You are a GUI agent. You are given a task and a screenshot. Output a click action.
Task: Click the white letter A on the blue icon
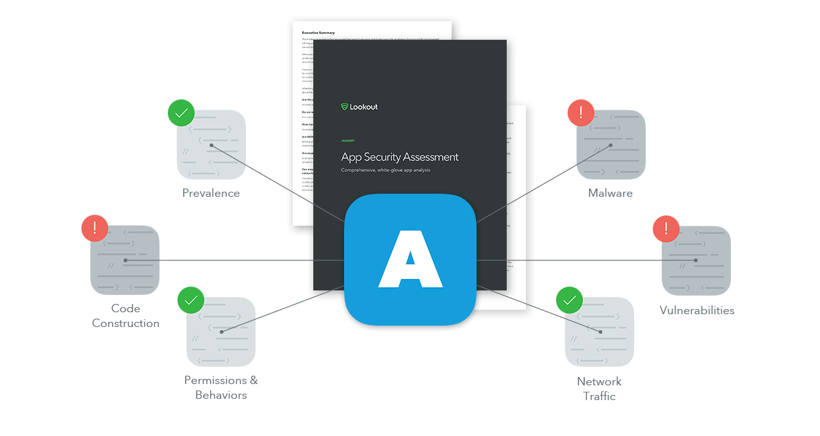tap(410, 259)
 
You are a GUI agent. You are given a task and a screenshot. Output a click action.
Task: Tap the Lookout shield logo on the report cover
tap(344, 107)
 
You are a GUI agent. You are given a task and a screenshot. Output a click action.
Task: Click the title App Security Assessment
tap(400, 157)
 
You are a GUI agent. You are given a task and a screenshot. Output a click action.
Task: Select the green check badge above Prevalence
tap(181, 113)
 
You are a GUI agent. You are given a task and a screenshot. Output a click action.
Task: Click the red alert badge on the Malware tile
tap(581, 113)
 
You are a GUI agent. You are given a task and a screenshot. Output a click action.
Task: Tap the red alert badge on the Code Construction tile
tap(95, 228)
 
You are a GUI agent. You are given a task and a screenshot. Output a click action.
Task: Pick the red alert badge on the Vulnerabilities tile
tap(666, 228)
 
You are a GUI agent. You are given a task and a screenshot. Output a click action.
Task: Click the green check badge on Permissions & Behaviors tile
tap(190, 300)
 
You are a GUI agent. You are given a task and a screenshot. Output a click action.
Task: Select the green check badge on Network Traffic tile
tap(570, 300)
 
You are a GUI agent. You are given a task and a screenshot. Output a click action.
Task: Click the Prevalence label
tap(211, 193)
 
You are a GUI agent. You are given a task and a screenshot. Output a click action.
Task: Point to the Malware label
tap(611, 193)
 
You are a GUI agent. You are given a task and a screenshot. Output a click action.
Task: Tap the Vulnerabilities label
tap(697, 310)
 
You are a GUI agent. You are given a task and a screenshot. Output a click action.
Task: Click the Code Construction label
tap(126, 315)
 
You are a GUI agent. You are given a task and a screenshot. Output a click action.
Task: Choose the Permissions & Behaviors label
tap(221, 387)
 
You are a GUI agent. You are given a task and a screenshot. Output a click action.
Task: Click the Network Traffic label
tap(599, 389)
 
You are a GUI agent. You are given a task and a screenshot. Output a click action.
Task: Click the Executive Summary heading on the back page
tap(318, 32)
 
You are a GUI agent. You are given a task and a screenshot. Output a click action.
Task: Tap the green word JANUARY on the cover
tap(348, 140)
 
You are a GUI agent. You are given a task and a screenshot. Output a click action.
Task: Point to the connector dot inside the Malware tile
tap(611, 145)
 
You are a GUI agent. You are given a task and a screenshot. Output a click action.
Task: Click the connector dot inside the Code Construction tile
tap(126, 260)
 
